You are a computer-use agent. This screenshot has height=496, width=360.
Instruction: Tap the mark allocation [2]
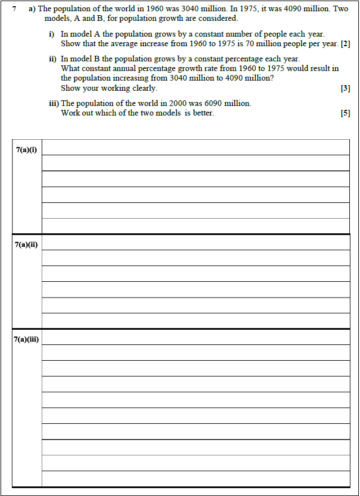click(x=345, y=44)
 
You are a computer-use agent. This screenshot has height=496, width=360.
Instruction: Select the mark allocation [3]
click(x=345, y=88)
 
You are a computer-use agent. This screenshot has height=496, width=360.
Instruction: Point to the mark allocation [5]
click(x=345, y=113)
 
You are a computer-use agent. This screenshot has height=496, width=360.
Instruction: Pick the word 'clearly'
click(x=144, y=88)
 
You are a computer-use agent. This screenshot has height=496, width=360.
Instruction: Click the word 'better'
click(x=203, y=113)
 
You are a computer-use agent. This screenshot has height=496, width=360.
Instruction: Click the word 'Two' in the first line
click(x=341, y=9)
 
